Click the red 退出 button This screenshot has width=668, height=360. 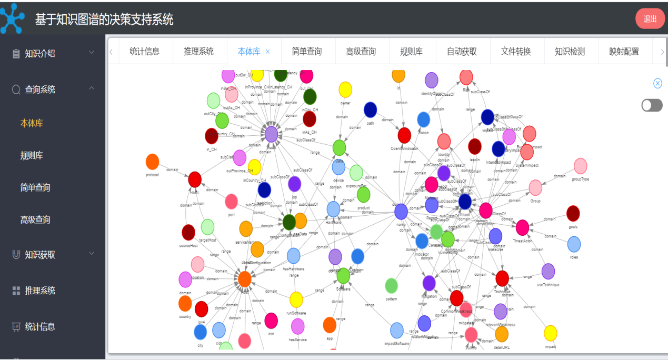[x=650, y=19]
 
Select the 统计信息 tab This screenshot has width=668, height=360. [x=145, y=52]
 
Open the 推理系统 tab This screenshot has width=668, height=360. [x=198, y=52]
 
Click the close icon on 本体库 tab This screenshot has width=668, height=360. [x=267, y=52]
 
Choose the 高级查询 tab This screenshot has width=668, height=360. [x=361, y=52]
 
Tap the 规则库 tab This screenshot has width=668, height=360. [x=411, y=52]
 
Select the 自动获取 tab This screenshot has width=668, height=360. [x=462, y=52]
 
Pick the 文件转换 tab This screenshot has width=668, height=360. [x=516, y=52]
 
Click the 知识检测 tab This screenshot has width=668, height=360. [x=570, y=52]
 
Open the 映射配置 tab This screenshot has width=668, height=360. [x=624, y=52]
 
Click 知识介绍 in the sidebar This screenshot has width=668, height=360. [x=40, y=53]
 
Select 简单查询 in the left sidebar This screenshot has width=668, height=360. [x=35, y=187]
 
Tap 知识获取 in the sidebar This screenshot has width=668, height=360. [x=40, y=255]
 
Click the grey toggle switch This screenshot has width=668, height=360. [x=652, y=105]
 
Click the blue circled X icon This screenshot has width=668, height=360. [x=657, y=83]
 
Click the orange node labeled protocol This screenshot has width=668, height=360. [x=152, y=162]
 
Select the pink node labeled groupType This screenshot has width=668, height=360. [x=580, y=166]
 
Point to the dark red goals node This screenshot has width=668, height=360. [x=573, y=214]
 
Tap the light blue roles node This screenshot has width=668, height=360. [x=574, y=244]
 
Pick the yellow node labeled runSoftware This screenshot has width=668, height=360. [x=296, y=299]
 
